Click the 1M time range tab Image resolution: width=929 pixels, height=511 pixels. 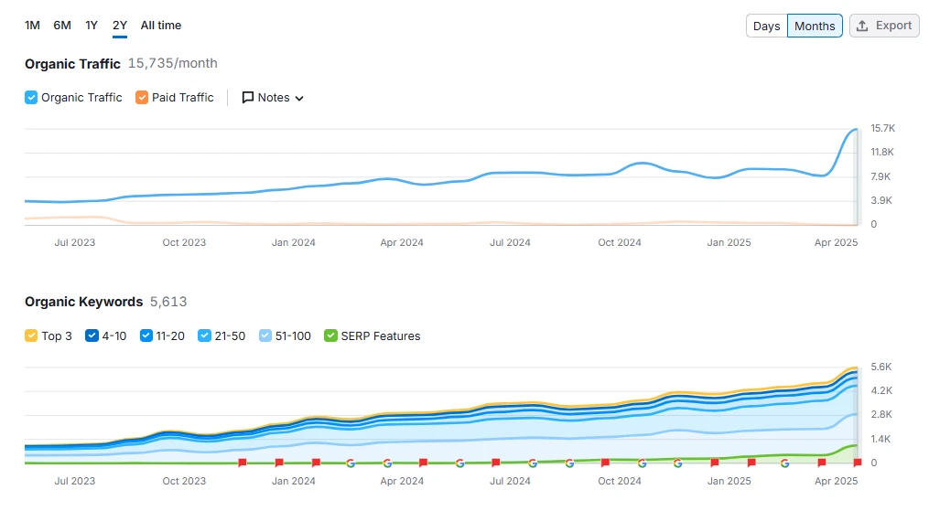tap(32, 26)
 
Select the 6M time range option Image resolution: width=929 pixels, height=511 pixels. tap(62, 26)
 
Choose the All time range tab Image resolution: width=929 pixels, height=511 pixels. tap(161, 26)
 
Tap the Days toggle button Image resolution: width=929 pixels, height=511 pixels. tap(766, 26)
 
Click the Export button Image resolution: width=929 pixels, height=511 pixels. tap(884, 26)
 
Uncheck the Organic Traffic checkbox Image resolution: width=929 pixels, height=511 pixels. tap(31, 98)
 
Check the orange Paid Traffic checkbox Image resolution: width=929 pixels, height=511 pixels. tap(142, 98)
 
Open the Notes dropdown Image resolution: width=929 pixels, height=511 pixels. tap(273, 98)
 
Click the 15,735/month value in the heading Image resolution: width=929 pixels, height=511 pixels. tap(172, 63)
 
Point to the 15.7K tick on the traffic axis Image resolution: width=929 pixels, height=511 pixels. tap(882, 128)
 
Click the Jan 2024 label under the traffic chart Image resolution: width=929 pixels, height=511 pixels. tap(293, 242)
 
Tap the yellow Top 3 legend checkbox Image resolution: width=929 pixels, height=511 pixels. tap(31, 336)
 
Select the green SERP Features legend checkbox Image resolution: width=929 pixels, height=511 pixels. tap(331, 336)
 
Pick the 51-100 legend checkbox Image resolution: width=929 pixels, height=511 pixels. tap(265, 336)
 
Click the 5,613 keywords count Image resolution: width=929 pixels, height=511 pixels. tap(168, 302)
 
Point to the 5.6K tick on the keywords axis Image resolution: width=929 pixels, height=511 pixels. tap(880, 367)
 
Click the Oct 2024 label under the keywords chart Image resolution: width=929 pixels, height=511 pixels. tap(620, 481)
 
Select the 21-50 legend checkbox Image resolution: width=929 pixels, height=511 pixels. tap(205, 336)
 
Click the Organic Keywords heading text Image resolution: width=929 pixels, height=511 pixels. tap(83, 302)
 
